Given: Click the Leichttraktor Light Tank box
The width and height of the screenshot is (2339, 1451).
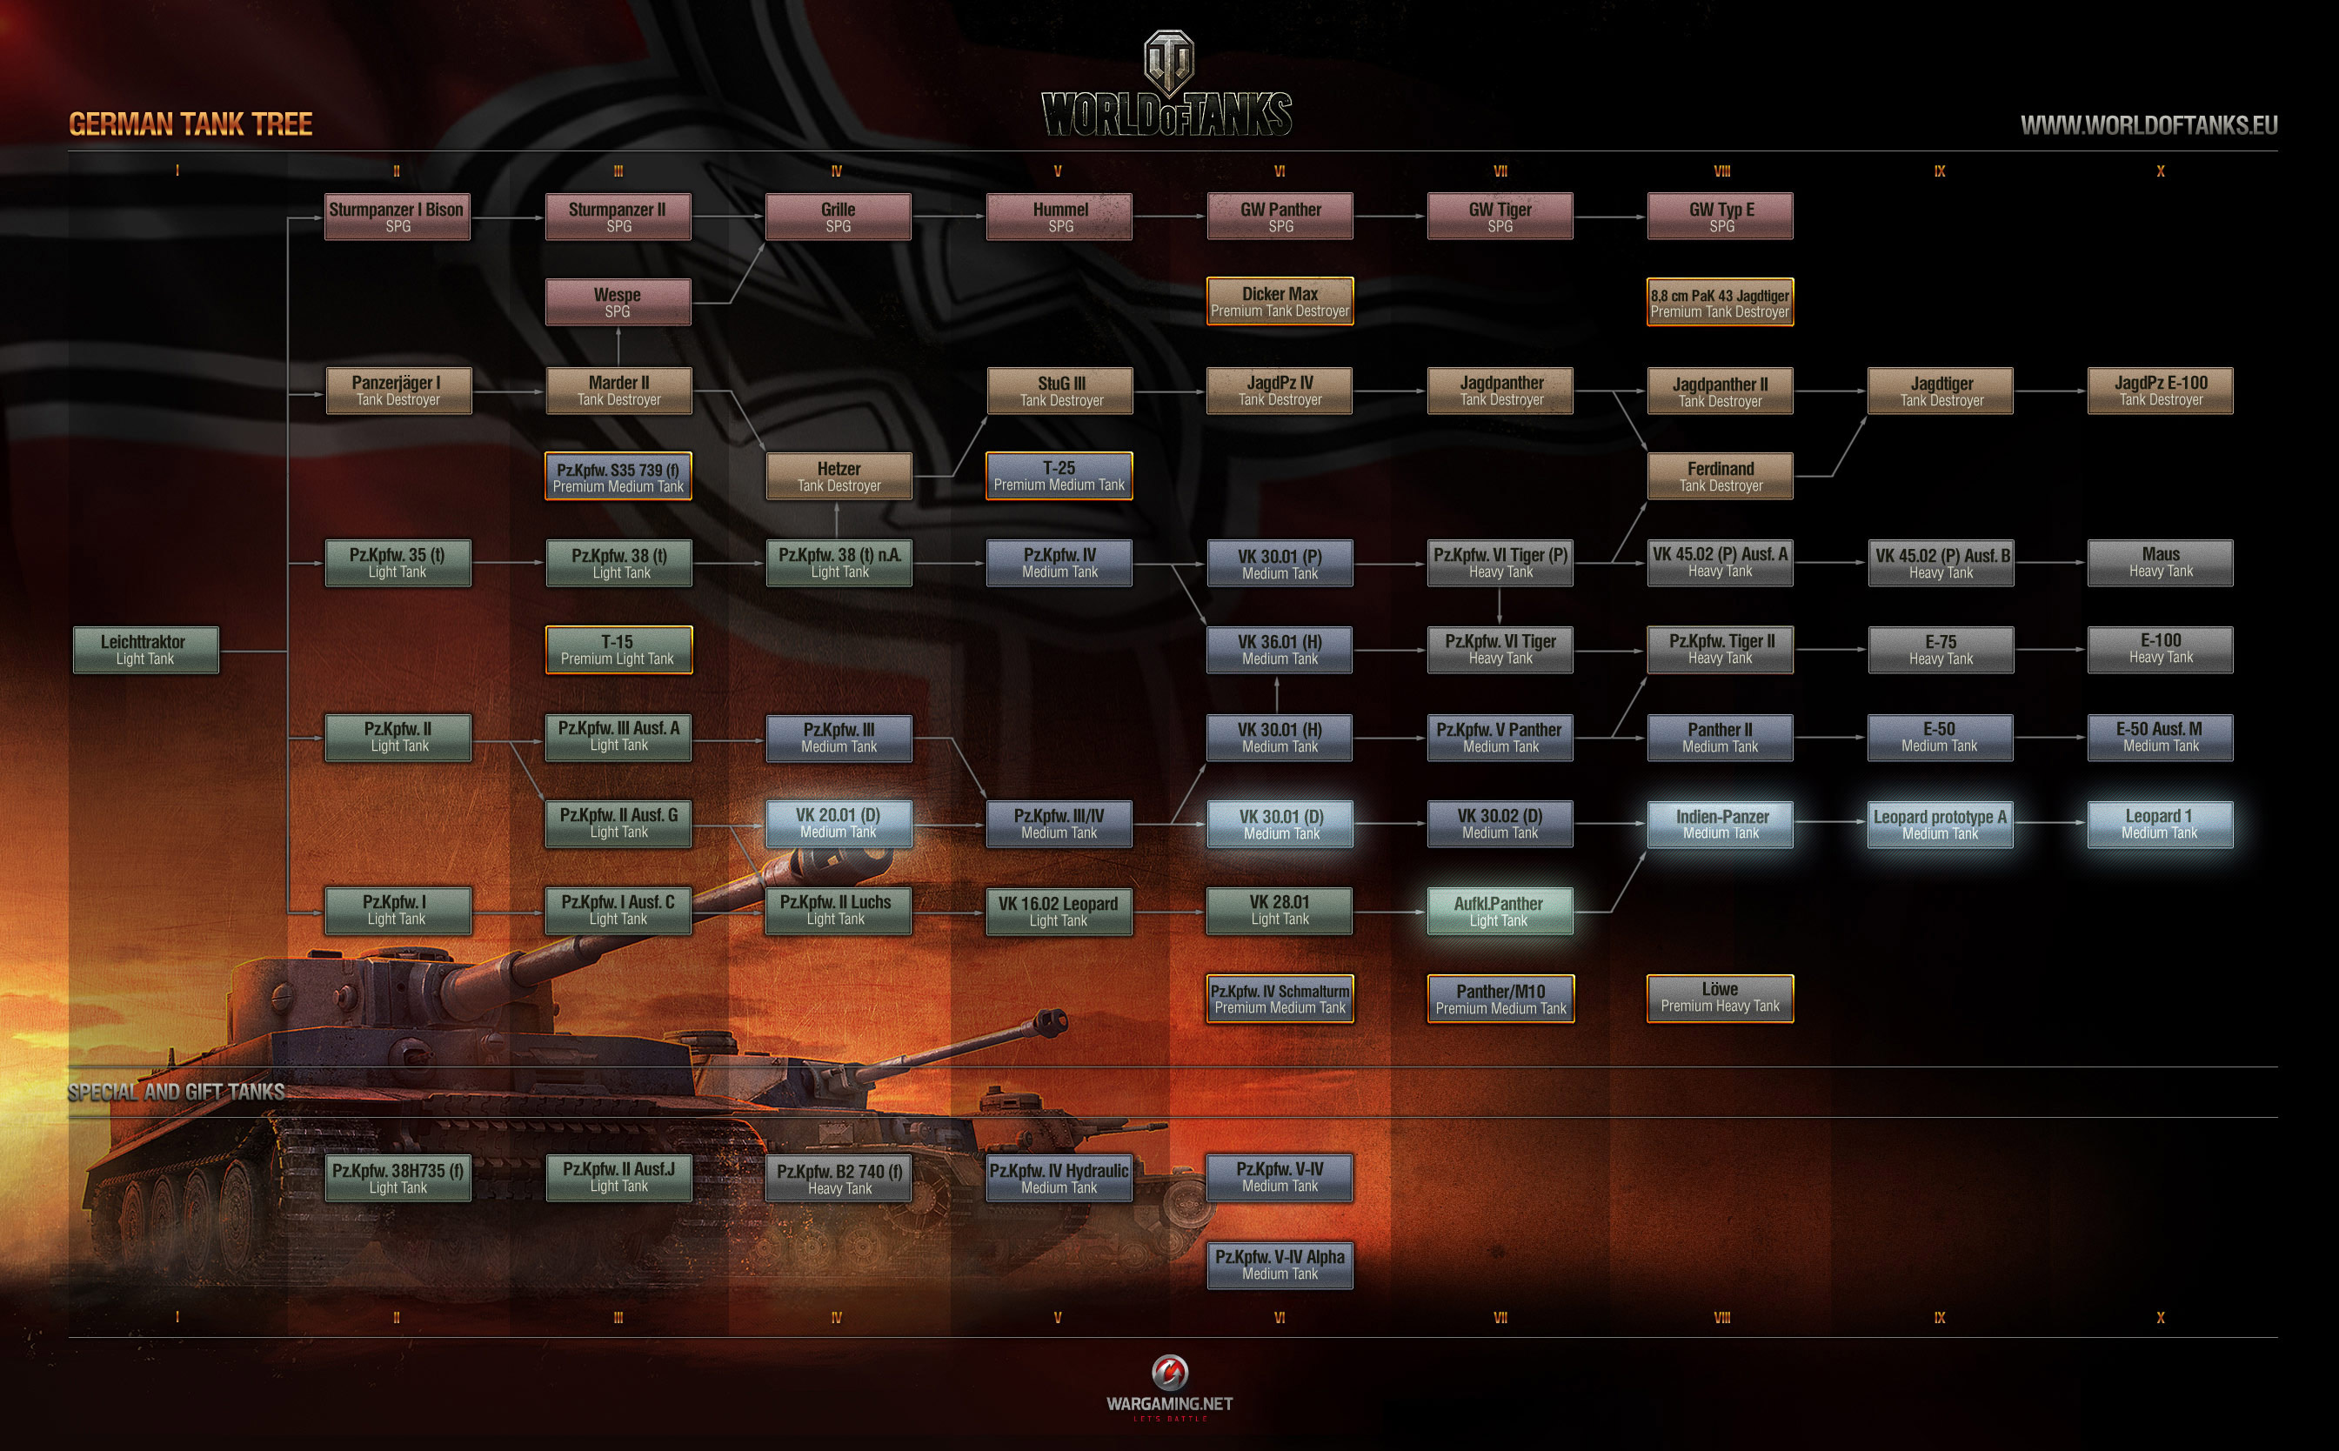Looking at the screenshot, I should tap(146, 650).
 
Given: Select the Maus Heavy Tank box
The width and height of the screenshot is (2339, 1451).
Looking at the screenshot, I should tap(2160, 562).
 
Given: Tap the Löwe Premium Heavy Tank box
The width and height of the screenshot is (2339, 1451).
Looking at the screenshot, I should tap(1719, 998).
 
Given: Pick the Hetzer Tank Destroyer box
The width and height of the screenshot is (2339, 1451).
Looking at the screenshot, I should tap(839, 477).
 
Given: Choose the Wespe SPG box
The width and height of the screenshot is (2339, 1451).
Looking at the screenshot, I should tap(618, 303).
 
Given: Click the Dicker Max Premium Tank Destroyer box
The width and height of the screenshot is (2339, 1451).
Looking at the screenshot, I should tap(1280, 301).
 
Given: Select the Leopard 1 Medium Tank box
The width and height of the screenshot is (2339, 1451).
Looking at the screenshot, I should tap(2160, 825).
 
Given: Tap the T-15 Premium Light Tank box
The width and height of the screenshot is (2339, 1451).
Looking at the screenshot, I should tap(618, 650).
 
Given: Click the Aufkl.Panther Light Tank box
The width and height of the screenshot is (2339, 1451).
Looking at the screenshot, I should tap(1500, 912).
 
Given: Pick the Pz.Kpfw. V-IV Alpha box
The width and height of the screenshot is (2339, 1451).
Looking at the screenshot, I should tap(1280, 1265).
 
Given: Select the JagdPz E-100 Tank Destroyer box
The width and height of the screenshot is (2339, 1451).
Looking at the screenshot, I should tap(2160, 391).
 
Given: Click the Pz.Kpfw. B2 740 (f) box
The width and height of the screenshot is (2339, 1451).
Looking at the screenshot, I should tap(839, 1179).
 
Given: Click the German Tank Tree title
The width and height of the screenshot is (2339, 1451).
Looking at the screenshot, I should tap(190, 124).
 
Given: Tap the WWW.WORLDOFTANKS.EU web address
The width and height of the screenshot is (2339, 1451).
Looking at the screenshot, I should tap(2149, 124).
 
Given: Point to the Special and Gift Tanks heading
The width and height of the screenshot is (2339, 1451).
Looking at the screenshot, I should tap(177, 1092).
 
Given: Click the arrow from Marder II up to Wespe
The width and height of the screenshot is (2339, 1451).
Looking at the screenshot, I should tap(618, 346).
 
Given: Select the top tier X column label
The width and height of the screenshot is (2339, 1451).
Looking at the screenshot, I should tap(2160, 171).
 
